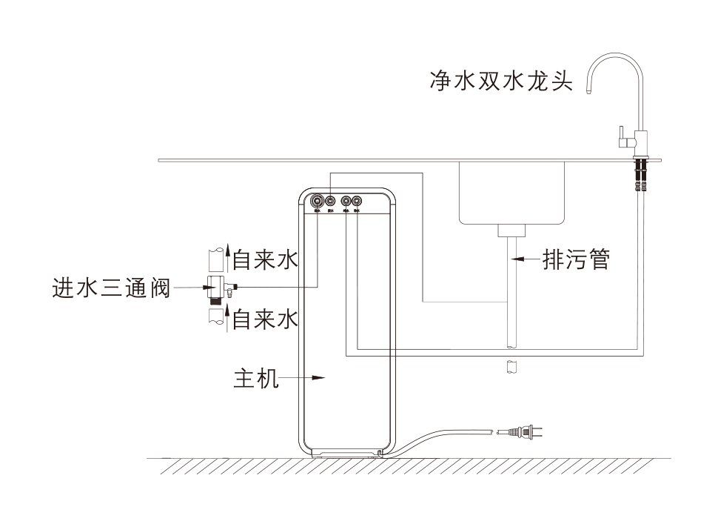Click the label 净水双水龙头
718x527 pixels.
[501, 80]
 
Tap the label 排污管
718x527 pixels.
[576, 259]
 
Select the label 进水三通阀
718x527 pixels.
[111, 288]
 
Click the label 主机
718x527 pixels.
[255, 378]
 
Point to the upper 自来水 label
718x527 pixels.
[265, 260]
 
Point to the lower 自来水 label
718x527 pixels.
[265, 320]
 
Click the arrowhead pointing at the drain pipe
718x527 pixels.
[518, 259]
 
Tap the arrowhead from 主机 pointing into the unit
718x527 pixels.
[319, 378]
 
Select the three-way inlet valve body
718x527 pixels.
[216, 285]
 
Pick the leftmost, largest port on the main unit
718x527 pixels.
[318, 200]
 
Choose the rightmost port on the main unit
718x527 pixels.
[358, 200]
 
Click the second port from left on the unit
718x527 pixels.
[331, 200]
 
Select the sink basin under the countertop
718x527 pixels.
[511, 191]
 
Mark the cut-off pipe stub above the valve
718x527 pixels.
[215, 259]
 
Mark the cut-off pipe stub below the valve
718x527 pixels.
[215, 317]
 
